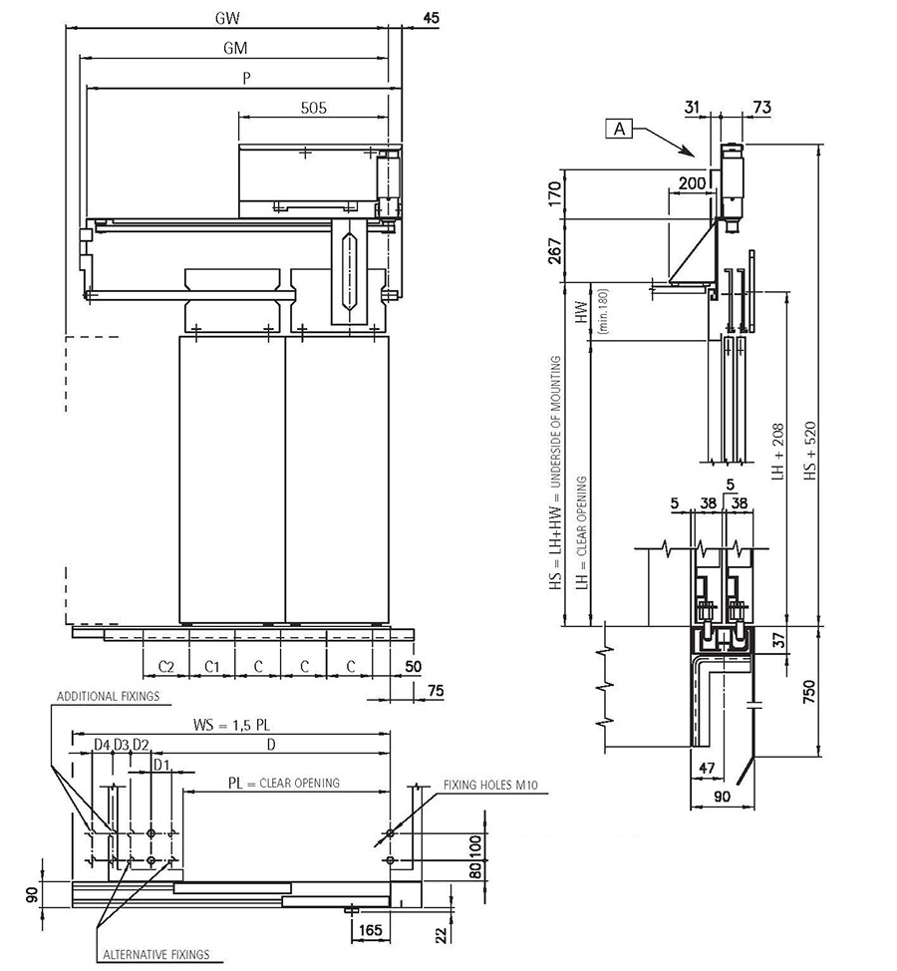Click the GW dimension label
[x=228, y=18]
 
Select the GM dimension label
[x=235, y=48]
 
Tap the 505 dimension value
[x=313, y=108]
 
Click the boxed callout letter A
[x=619, y=129]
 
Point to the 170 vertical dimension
[x=555, y=193]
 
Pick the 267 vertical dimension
[x=555, y=251]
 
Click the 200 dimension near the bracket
[x=692, y=183]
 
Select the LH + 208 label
[x=777, y=452]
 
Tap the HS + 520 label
[x=811, y=451]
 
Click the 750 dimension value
[x=809, y=692]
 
